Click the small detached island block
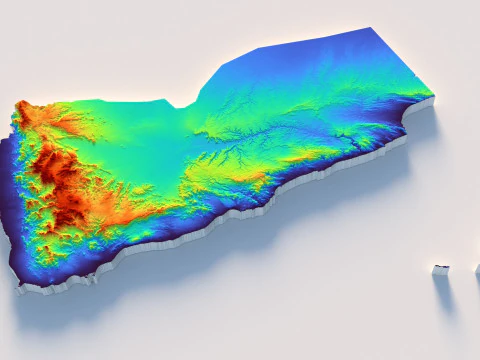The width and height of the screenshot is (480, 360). (x=440, y=269)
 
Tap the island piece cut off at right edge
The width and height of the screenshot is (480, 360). (x=477, y=270)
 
